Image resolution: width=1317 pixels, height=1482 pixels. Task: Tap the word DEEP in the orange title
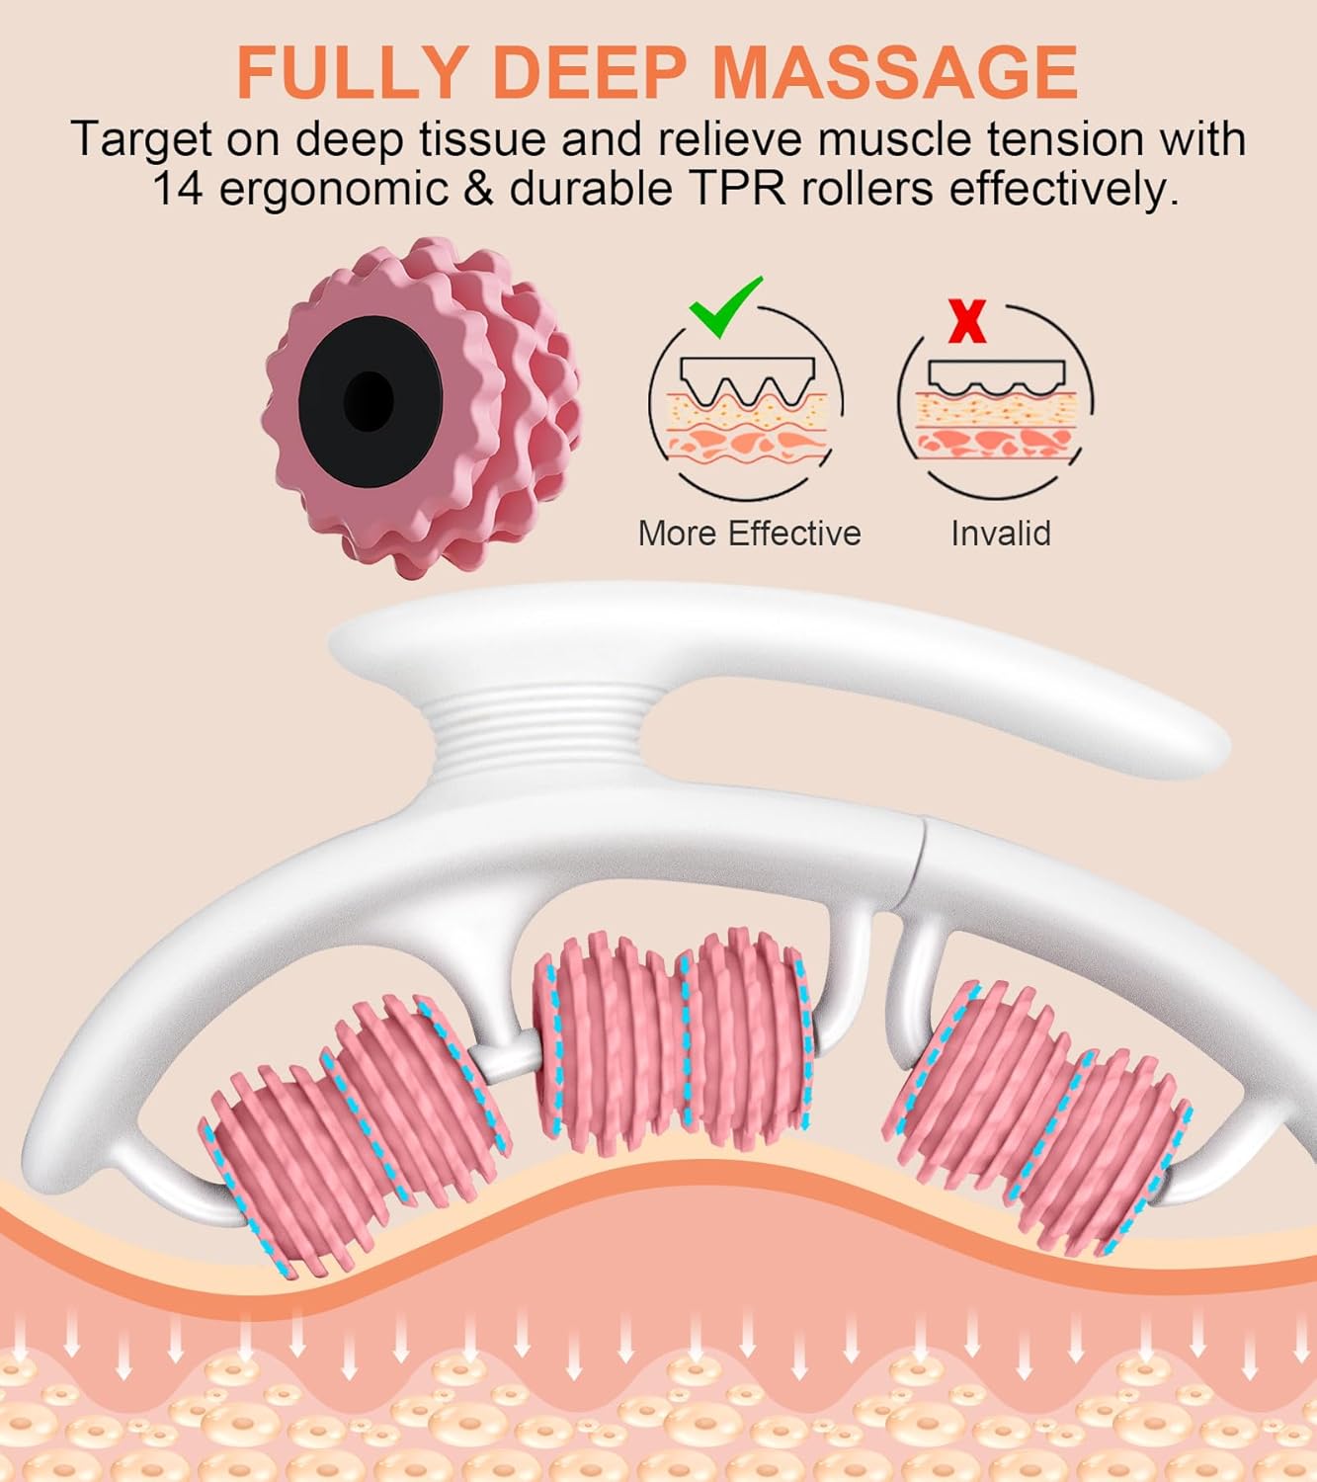[591, 72]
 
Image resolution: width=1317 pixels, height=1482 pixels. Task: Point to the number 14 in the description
[176, 189]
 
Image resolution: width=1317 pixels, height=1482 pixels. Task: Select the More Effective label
[749, 533]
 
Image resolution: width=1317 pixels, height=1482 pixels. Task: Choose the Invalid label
[1000, 533]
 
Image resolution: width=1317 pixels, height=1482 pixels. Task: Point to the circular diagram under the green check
[746, 404]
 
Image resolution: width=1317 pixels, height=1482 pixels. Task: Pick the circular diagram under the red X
[996, 404]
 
